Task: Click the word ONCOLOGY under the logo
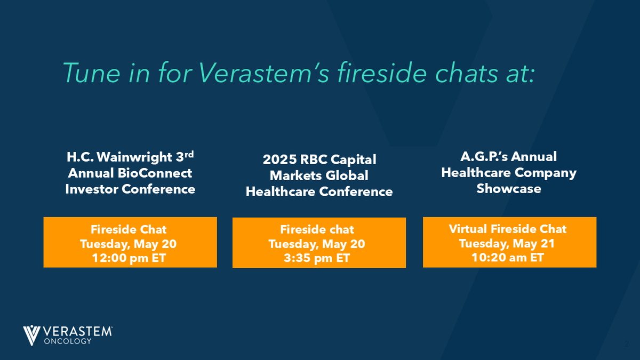click(67, 341)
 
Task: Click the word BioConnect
click(160, 173)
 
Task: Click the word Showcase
click(509, 189)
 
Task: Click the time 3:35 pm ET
click(319, 258)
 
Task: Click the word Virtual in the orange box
click(468, 229)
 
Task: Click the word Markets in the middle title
click(291, 175)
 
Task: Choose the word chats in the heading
click(465, 73)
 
